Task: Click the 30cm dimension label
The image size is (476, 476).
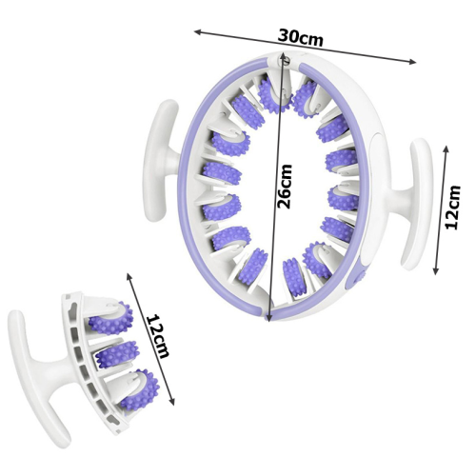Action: coord(300,37)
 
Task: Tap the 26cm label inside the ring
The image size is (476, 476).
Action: coord(285,187)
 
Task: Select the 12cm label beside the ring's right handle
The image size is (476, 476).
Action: coord(453,208)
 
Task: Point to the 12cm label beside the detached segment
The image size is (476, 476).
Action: coord(157,336)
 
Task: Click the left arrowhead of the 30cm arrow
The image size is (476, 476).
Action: coord(197,31)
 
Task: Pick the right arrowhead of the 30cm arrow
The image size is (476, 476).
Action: coord(412,62)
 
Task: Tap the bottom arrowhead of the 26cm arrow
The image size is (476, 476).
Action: coord(268,317)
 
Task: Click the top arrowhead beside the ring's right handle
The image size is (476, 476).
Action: coord(446,149)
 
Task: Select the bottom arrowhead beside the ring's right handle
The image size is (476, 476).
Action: coord(436,270)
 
